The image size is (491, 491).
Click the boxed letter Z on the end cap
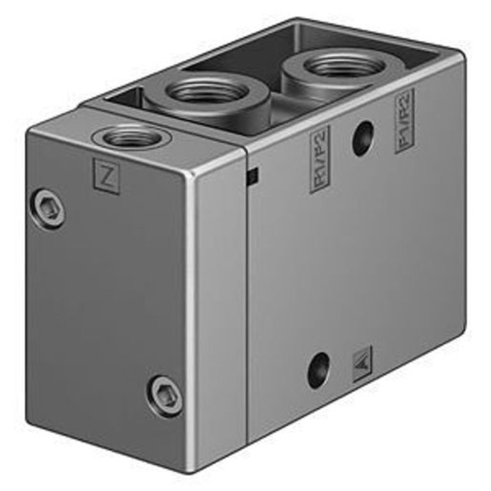coord(106,176)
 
